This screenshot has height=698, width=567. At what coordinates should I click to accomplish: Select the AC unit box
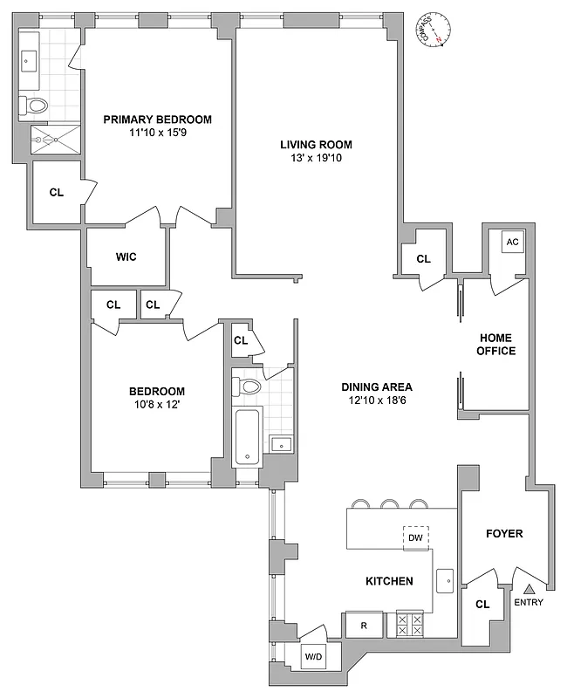(512, 243)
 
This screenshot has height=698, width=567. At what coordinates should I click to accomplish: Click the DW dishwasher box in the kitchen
(416, 538)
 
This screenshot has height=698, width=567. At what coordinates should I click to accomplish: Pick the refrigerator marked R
(364, 625)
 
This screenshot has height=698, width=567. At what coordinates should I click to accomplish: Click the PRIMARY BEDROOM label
(157, 120)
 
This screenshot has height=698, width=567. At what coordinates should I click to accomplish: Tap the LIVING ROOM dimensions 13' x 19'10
(316, 160)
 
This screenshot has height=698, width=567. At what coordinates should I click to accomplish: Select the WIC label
(127, 257)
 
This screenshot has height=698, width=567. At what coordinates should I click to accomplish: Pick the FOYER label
(504, 533)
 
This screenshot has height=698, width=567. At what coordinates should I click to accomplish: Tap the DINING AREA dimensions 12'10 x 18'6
(377, 401)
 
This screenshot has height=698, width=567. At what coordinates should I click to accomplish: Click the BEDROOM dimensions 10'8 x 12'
(157, 407)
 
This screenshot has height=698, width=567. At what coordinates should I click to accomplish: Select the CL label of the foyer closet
(482, 604)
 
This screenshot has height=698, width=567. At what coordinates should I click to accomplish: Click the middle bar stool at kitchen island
(388, 503)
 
